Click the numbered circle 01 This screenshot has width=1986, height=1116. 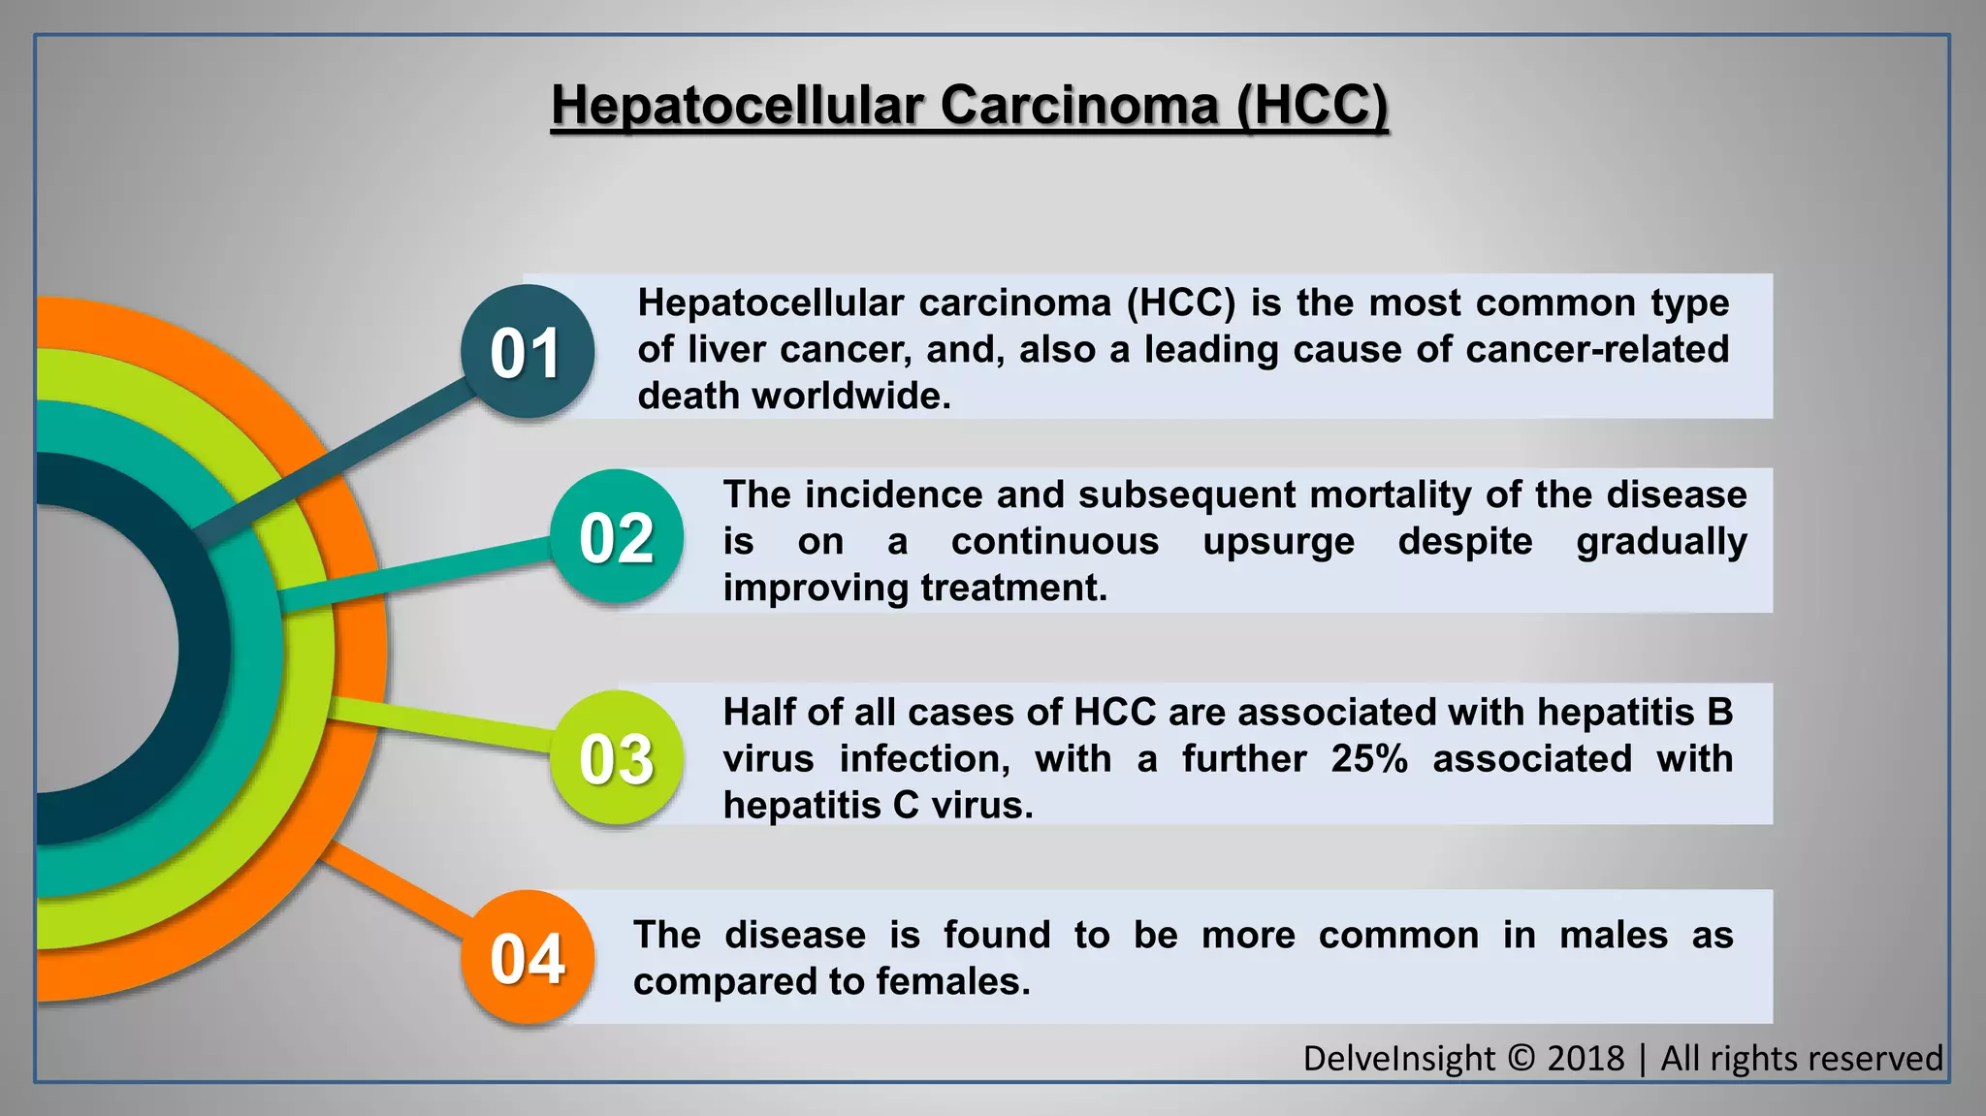point(526,352)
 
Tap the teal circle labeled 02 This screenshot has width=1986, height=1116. point(617,537)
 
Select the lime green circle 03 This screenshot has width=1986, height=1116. point(617,758)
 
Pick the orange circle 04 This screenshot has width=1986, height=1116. point(527,958)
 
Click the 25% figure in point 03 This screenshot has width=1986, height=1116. point(1368,758)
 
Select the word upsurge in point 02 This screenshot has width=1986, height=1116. point(1278,541)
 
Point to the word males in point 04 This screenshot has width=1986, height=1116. point(1613,935)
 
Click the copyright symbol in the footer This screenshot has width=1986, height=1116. point(1521,1058)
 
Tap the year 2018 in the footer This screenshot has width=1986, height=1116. point(1586,1058)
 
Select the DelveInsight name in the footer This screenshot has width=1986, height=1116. point(1398,1058)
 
